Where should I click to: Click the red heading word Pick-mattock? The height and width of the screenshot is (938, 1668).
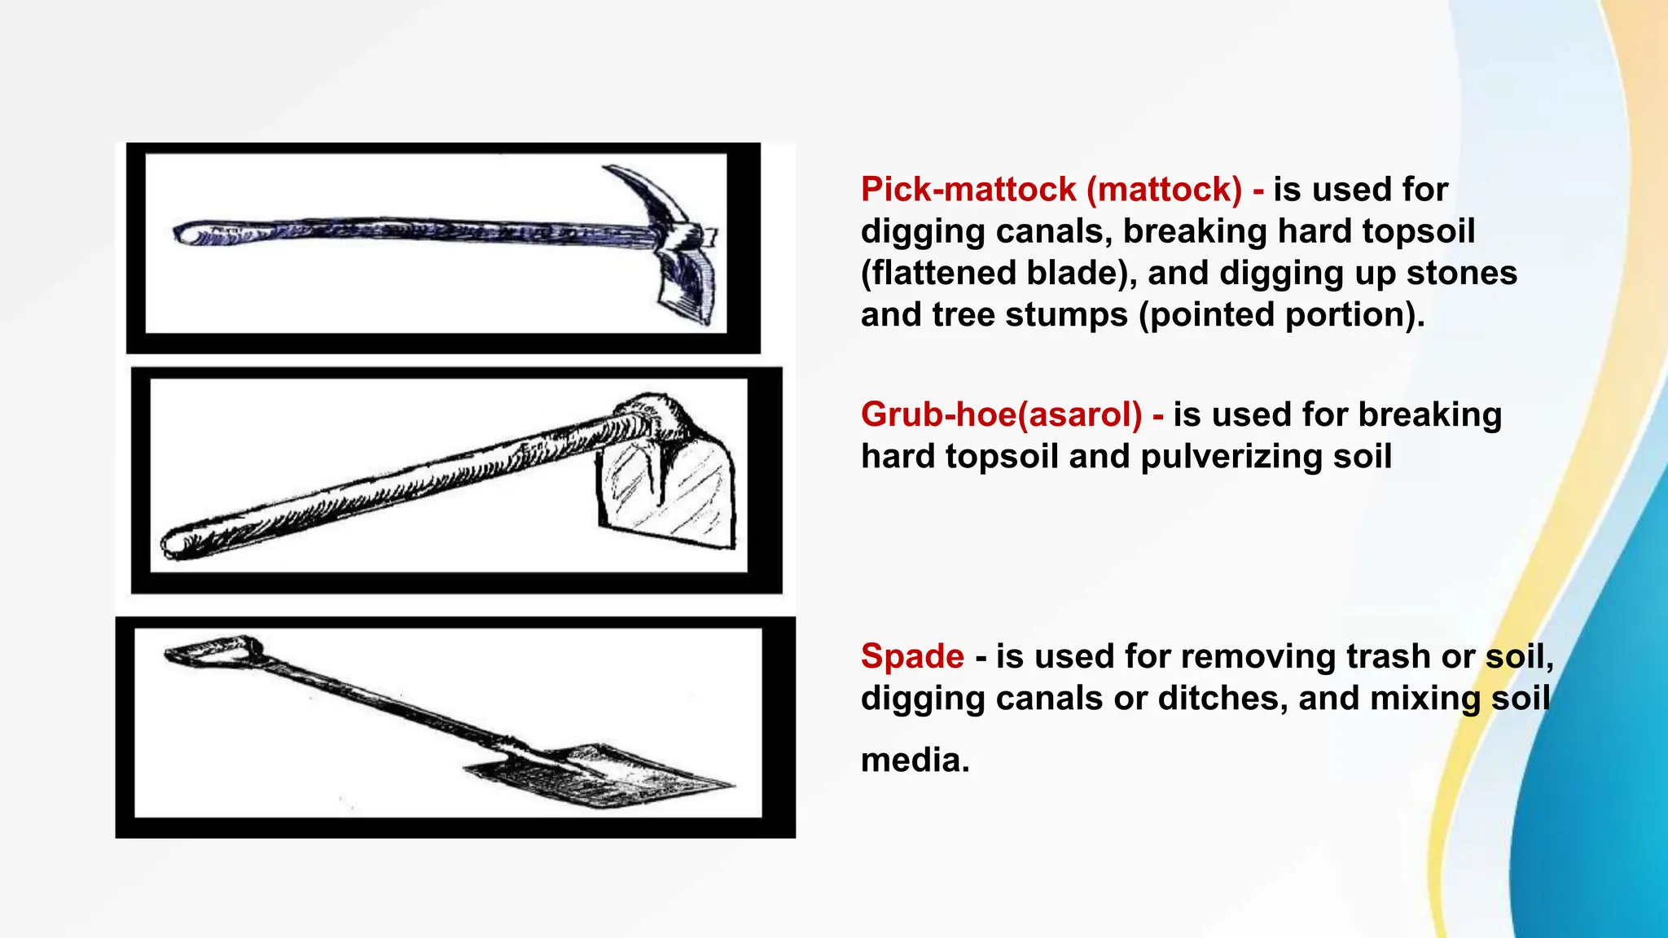(x=968, y=190)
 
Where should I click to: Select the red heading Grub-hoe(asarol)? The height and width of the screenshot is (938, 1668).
(x=1001, y=414)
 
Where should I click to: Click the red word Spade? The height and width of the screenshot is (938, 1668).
(x=912, y=656)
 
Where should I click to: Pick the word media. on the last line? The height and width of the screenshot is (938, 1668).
(x=915, y=760)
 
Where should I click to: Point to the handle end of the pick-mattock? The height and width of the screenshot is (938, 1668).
(x=186, y=234)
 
